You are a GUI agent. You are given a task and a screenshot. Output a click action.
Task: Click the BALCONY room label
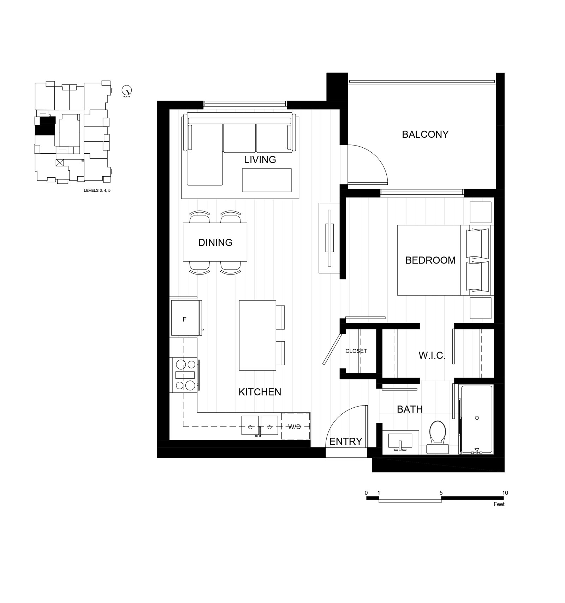pyautogui.click(x=425, y=134)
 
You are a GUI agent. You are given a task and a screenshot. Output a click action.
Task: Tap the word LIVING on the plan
pyautogui.click(x=260, y=160)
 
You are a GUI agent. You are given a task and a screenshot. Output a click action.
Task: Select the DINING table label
pyautogui.click(x=215, y=242)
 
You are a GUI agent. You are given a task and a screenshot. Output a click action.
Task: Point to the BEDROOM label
pyautogui.click(x=430, y=260)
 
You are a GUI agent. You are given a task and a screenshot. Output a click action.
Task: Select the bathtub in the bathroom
pyautogui.click(x=476, y=420)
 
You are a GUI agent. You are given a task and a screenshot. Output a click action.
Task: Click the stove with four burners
pyautogui.click(x=184, y=375)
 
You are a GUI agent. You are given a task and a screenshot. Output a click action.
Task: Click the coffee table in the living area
pyautogui.click(x=267, y=180)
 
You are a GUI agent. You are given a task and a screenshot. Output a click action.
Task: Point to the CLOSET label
pyautogui.click(x=356, y=351)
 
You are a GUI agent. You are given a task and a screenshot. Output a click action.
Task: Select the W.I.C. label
pyautogui.click(x=432, y=355)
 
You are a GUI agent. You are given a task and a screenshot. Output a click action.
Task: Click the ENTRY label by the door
pyautogui.click(x=346, y=441)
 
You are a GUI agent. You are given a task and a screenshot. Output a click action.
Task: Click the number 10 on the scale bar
pyautogui.click(x=505, y=493)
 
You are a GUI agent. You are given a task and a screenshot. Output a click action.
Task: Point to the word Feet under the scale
pyautogui.click(x=499, y=504)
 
